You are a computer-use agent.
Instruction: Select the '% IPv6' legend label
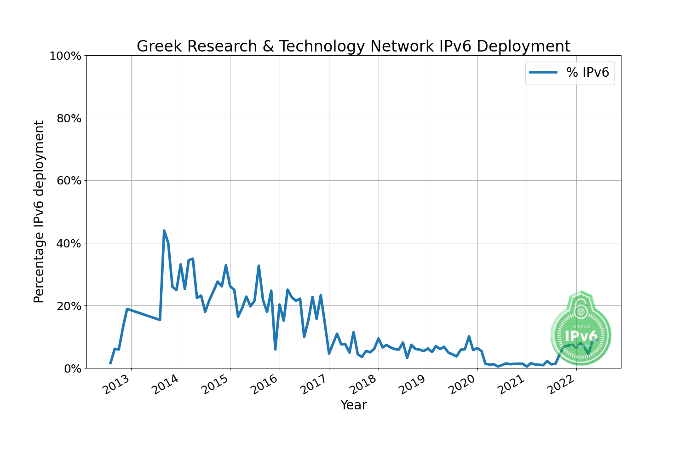(587, 73)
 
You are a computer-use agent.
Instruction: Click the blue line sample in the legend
(543, 73)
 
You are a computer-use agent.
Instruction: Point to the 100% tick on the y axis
(65, 56)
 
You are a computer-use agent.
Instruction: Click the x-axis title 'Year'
(353, 405)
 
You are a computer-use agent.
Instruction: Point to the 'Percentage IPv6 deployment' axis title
(39, 212)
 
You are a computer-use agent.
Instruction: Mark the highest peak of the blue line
(164, 230)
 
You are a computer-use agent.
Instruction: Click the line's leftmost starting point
(110, 363)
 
